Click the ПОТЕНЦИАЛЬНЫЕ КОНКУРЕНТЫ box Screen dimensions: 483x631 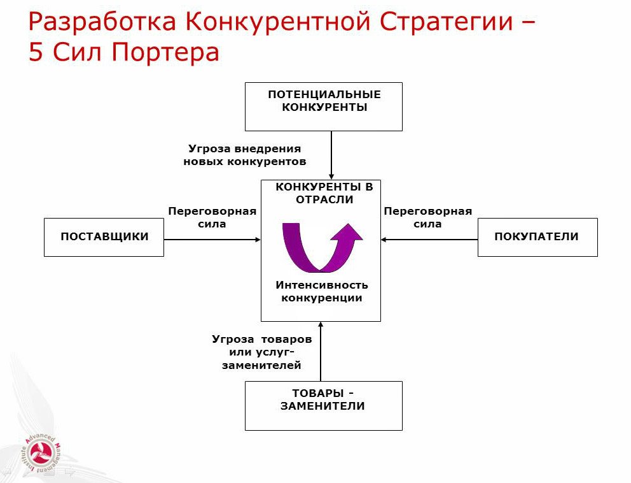(x=324, y=106)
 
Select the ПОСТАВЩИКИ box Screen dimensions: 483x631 (x=104, y=237)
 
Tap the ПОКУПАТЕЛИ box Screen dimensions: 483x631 (x=537, y=237)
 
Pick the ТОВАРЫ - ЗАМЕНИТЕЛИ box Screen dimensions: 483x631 (x=323, y=405)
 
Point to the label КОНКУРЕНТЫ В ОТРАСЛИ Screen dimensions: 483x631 (x=324, y=193)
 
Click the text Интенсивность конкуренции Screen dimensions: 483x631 (x=321, y=291)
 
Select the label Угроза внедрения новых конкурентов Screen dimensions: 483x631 (x=245, y=155)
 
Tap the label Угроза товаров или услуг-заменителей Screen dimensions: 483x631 (x=262, y=352)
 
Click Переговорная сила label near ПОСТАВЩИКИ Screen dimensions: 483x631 (x=212, y=217)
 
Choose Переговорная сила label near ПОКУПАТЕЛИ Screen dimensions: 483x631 (x=427, y=217)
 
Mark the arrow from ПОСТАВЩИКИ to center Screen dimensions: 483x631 (x=212, y=240)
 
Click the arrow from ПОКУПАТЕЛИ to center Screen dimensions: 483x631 (x=429, y=240)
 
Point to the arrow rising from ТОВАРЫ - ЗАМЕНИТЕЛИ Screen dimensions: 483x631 (x=321, y=352)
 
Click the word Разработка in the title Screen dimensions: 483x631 (x=102, y=23)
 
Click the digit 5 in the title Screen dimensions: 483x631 (x=36, y=52)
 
